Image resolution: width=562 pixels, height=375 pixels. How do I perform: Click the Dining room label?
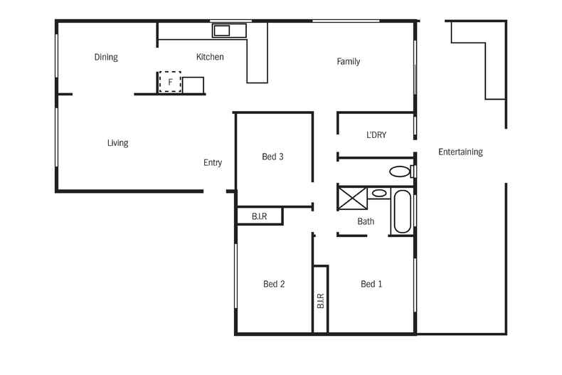[106, 57]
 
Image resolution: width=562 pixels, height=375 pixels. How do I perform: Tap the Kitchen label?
[210, 57]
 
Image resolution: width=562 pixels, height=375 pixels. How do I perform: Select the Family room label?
[348, 61]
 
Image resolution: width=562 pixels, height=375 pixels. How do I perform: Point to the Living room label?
[117, 143]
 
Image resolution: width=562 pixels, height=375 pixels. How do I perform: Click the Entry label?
[213, 163]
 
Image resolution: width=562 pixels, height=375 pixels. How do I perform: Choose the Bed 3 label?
[273, 157]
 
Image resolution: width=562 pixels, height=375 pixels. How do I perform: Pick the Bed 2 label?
[274, 284]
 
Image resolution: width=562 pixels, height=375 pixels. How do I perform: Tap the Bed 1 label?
[371, 284]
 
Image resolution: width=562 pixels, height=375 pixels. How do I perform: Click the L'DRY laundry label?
[376, 134]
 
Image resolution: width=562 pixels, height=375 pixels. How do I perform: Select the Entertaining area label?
[460, 152]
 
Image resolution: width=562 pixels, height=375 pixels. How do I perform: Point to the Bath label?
[366, 221]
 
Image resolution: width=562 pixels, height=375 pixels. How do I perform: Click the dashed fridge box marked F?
[170, 82]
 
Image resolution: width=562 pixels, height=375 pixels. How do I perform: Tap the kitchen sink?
[222, 31]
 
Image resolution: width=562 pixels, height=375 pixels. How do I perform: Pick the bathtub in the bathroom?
[402, 211]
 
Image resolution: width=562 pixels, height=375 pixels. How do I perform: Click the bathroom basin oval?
[380, 193]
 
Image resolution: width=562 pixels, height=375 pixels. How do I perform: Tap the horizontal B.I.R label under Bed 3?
[259, 216]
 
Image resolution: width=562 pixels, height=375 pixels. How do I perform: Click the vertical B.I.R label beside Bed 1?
[320, 300]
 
